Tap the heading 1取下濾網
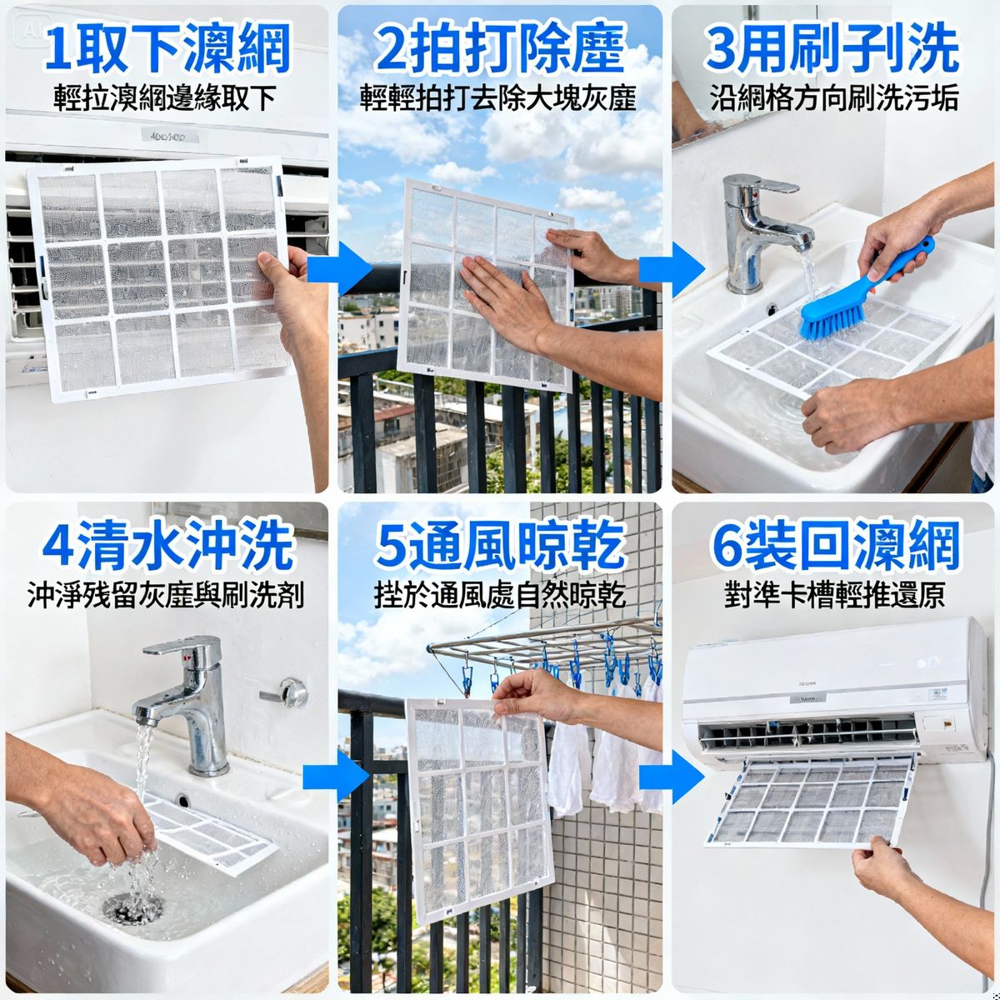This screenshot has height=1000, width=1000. [x=167, y=48]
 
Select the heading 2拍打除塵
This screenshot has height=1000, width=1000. [x=499, y=48]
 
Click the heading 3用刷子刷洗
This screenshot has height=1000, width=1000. [x=832, y=48]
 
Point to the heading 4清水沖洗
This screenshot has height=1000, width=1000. [x=167, y=546]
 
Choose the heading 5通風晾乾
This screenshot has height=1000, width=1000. [x=499, y=546]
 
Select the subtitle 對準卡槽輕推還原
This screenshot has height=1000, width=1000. [x=834, y=596]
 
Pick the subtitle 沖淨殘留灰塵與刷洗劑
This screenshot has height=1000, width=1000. [x=166, y=596]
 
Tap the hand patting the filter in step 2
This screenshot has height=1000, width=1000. [x=500, y=300]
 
